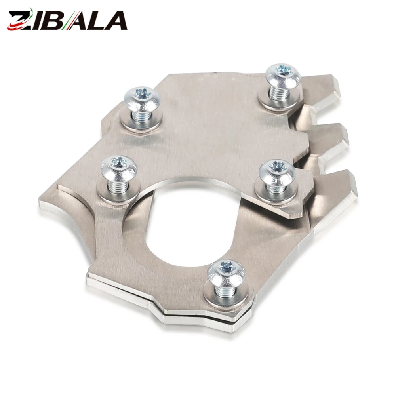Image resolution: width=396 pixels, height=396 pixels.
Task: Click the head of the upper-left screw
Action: pos(143,99)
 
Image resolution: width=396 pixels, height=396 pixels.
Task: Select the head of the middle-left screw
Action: pos(119,168)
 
